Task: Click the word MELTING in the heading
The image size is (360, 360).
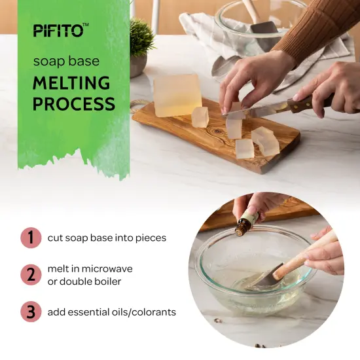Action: click(71, 83)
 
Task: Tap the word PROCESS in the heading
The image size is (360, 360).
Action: click(73, 103)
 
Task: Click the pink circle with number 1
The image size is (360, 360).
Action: click(29, 238)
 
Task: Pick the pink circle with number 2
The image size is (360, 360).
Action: click(29, 275)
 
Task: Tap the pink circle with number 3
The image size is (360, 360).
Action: click(29, 312)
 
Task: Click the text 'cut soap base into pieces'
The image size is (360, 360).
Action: click(107, 238)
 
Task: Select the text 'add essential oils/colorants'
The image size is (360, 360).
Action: click(111, 312)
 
